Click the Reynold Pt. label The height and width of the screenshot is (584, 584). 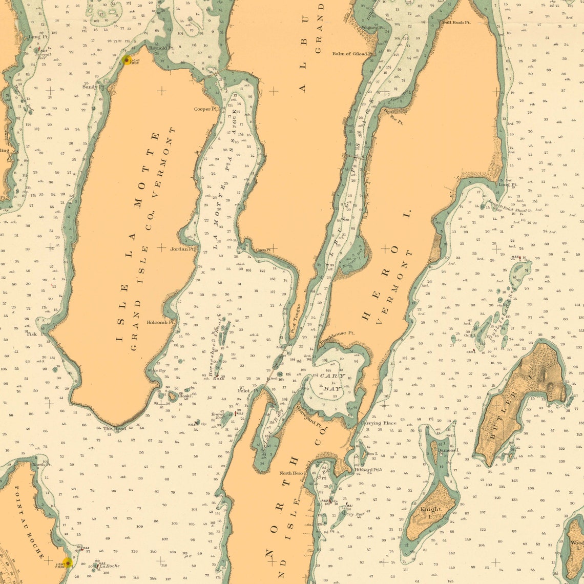pyautogui.click(x=161, y=48)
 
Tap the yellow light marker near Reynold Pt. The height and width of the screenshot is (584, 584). pyautogui.click(x=127, y=60)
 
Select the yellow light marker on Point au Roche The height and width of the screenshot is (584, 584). pyautogui.click(x=67, y=563)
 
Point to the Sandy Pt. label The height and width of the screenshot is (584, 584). pyautogui.click(x=93, y=87)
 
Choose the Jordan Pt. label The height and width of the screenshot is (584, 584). pyautogui.click(x=183, y=249)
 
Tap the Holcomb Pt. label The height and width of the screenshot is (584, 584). pyautogui.click(x=161, y=323)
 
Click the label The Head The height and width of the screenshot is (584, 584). pyautogui.click(x=115, y=428)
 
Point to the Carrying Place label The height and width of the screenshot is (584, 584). pyautogui.click(x=378, y=423)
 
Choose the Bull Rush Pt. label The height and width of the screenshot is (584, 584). pyautogui.click(x=456, y=23)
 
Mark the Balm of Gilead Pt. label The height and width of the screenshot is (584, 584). pyautogui.click(x=353, y=53)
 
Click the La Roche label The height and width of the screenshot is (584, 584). pyautogui.click(x=110, y=566)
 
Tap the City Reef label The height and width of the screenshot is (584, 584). pyautogui.click(x=354, y=514)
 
